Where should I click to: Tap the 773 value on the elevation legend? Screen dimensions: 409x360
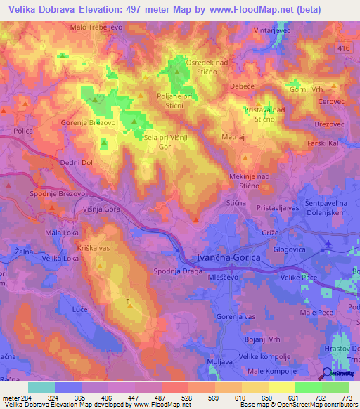click(345, 398)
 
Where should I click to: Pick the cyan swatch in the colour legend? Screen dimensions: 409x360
click(41, 387)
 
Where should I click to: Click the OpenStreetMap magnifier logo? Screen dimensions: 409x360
click(326, 373)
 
